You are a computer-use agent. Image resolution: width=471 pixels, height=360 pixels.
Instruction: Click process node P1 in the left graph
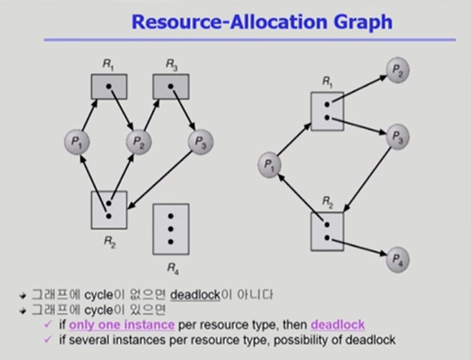point(77,141)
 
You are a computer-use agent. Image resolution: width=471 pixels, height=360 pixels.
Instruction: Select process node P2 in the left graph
point(139,141)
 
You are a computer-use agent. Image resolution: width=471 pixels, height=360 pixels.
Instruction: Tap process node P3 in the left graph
point(200,141)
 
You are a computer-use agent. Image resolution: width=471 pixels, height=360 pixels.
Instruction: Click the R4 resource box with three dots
point(171,229)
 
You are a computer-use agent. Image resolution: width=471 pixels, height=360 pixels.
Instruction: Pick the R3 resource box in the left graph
point(170,86)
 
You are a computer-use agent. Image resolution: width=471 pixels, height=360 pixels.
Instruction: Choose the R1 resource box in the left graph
point(109,86)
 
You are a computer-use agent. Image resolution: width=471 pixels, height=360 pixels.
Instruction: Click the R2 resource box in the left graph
point(109,209)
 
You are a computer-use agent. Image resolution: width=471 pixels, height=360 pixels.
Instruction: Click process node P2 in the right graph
point(397,70)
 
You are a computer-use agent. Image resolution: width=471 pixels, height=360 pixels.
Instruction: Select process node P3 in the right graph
point(397,137)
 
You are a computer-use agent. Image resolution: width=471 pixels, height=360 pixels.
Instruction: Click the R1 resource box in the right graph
point(327,111)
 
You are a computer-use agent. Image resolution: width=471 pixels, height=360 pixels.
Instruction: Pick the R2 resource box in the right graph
point(327,231)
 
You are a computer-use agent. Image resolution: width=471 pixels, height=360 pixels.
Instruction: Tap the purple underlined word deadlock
point(338,325)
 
